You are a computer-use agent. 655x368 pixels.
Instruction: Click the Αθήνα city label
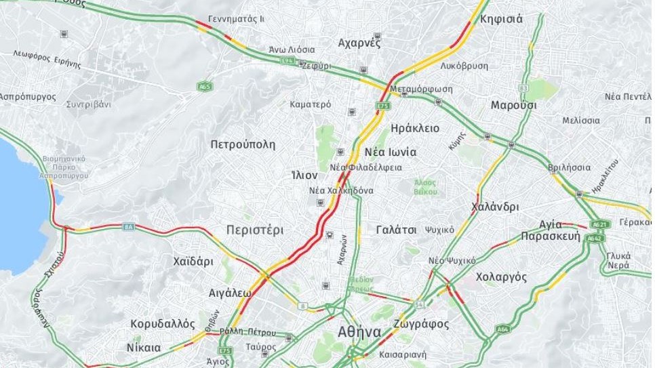(x=359, y=333)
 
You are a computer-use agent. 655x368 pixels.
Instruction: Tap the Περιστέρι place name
(x=255, y=230)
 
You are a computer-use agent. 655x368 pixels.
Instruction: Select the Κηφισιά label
(x=501, y=19)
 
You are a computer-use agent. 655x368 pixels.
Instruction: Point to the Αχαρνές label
(x=359, y=43)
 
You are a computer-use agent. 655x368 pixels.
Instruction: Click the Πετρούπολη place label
(x=243, y=144)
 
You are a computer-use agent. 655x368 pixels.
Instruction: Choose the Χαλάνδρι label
(x=495, y=207)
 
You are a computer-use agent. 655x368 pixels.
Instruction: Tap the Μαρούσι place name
(x=514, y=106)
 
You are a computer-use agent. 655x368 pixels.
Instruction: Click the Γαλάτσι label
(x=396, y=230)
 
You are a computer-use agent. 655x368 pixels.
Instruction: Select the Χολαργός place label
(x=502, y=277)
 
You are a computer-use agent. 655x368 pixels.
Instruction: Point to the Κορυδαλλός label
(x=163, y=324)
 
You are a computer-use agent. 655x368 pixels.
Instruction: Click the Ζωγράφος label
(x=424, y=324)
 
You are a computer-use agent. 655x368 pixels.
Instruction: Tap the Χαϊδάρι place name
(x=193, y=261)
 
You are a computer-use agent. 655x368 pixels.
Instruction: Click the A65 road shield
(x=204, y=87)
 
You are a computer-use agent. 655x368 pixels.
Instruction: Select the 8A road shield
(x=128, y=226)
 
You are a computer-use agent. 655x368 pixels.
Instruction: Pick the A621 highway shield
(x=599, y=224)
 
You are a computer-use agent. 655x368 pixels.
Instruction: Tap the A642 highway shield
(x=595, y=238)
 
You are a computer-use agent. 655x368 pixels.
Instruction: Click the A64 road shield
(x=502, y=329)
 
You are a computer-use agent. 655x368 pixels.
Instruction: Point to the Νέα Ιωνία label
(x=391, y=152)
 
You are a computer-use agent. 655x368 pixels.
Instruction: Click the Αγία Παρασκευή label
(x=551, y=230)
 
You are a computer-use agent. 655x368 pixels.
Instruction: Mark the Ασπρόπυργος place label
(x=28, y=97)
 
